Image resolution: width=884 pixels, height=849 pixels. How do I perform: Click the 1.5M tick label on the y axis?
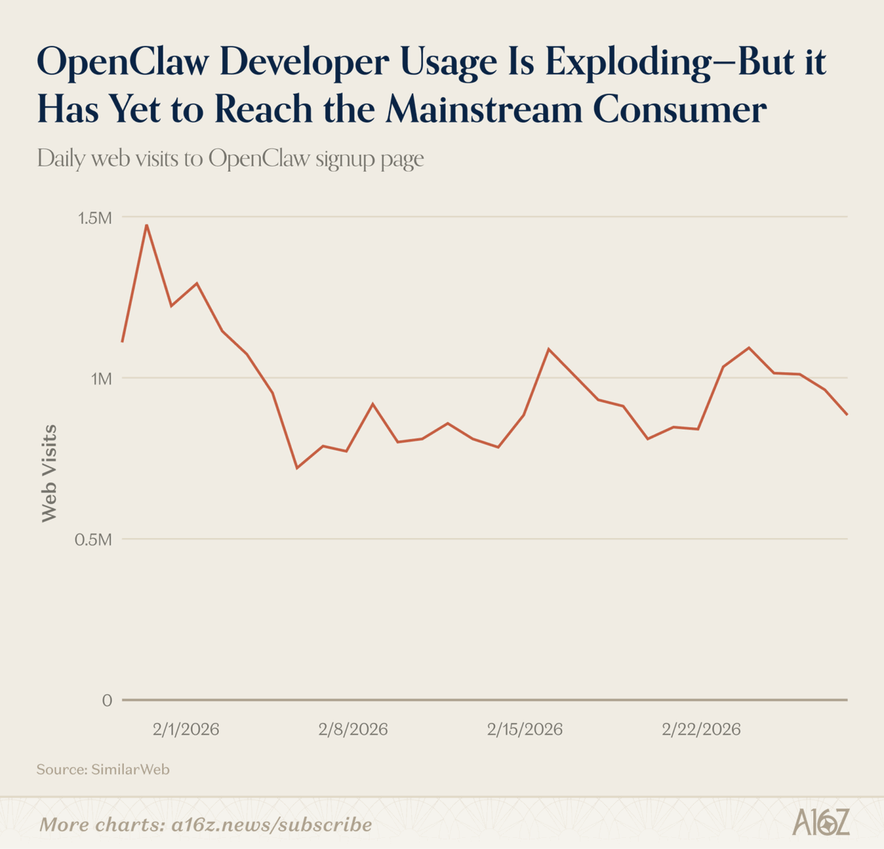[x=95, y=218]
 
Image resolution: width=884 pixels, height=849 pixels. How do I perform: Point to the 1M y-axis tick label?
[x=101, y=379]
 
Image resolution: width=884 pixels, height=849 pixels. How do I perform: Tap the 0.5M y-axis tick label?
[x=93, y=539]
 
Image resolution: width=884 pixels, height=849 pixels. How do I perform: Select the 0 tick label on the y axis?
[x=107, y=700]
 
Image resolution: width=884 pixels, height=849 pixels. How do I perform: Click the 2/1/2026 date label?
[x=186, y=730]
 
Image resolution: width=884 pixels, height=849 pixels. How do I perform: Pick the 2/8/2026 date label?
[x=353, y=730]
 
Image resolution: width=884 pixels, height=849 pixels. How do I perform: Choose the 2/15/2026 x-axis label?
[x=525, y=730]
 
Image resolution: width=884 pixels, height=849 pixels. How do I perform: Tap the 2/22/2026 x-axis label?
[x=701, y=730]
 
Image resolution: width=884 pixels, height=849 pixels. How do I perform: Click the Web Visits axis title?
[x=49, y=473]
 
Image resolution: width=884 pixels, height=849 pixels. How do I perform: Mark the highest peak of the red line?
[x=147, y=225]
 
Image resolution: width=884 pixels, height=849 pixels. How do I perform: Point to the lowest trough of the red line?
[x=297, y=468]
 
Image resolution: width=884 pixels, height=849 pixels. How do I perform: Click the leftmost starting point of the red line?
[x=122, y=341]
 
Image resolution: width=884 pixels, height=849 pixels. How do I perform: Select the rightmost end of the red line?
[x=847, y=414]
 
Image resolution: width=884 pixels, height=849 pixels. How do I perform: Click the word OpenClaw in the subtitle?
[x=259, y=158]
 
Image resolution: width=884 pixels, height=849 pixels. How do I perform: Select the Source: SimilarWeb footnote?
[x=103, y=769]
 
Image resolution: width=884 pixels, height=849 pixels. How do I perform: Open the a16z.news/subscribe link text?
[x=271, y=824]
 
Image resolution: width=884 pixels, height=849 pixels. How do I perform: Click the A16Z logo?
[x=821, y=822]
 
